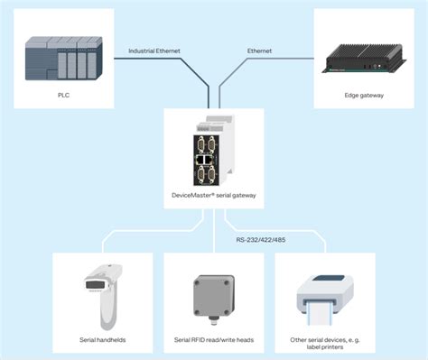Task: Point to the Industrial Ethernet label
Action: click(x=154, y=51)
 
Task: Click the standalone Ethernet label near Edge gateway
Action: click(x=261, y=51)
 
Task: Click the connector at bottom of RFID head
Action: click(x=214, y=321)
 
